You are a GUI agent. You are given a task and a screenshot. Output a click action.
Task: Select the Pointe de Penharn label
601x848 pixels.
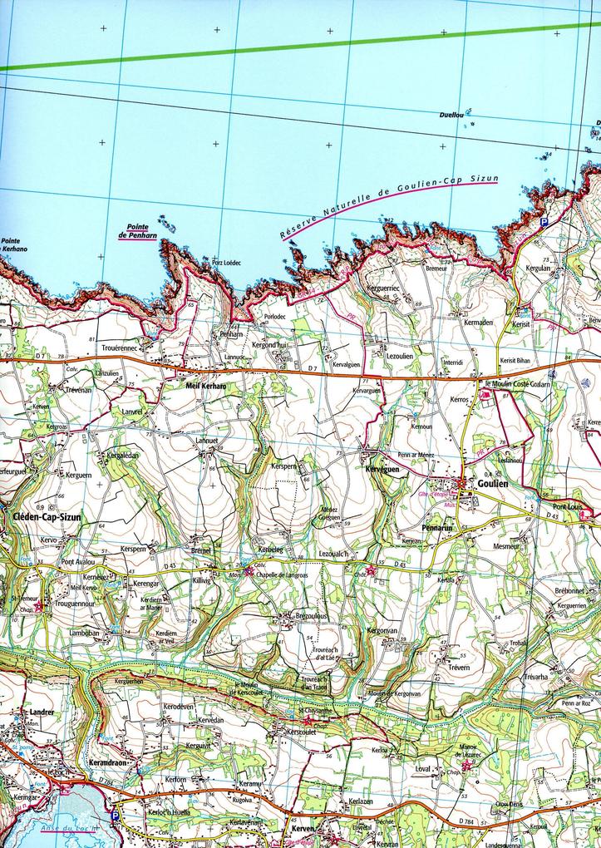(138, 231)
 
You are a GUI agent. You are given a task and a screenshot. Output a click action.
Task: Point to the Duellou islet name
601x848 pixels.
(451, 116)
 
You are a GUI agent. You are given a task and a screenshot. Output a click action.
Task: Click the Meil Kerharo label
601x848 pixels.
(205, 387)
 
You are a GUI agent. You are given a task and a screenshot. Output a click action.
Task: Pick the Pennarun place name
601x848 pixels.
(436, 528)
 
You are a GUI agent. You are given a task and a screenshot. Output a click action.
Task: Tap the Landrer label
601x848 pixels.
(41, 712)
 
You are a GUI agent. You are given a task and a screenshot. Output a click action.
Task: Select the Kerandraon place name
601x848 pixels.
(106, 762)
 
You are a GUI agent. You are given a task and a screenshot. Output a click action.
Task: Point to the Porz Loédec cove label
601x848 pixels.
(226, 263)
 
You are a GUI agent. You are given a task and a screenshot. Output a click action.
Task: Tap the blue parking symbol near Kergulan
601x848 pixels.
(544, 223)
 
